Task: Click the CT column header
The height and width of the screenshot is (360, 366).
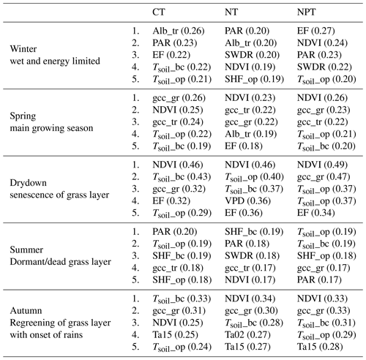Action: (159, 12)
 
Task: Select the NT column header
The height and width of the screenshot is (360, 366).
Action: (231, 12)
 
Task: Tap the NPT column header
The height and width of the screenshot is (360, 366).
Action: (307, 12)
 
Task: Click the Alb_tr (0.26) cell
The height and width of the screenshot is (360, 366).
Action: (179, 31)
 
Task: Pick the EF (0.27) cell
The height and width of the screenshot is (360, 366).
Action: (316, 31)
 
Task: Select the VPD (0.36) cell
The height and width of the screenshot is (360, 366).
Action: (247, 201)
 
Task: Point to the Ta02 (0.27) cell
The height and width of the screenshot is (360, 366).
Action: (247, 334)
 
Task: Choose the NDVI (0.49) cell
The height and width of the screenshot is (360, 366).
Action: (322, 165)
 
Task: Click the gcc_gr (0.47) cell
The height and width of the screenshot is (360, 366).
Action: (324, 177)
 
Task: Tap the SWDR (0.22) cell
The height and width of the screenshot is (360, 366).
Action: (324, 67)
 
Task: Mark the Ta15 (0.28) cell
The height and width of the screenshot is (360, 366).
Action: (320, 347)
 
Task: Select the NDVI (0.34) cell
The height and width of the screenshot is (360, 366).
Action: (250, 299)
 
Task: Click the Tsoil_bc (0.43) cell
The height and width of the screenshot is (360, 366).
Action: (182, 177)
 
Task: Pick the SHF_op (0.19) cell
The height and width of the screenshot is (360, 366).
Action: (254, 80)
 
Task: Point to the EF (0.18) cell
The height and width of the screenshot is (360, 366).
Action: (244, 146)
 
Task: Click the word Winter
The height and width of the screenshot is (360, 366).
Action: (23, 49)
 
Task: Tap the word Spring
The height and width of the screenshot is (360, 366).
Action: (23, 116)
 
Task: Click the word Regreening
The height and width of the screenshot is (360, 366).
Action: (32, 323)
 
